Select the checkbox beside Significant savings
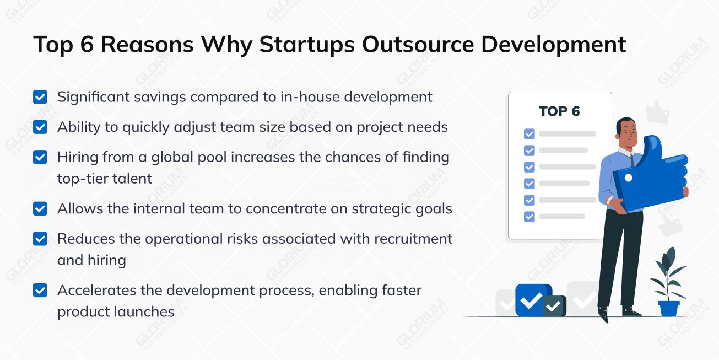[40, 97]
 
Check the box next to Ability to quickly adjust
[40, 127]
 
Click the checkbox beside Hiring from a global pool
[40, 157]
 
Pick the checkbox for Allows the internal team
[40, 209]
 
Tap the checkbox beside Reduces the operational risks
[40, 239]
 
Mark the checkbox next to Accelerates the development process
[40, 291]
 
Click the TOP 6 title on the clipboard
[559, 111]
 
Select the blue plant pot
[669, 308]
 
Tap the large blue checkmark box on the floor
[532, 300]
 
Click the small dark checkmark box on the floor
[554, 306]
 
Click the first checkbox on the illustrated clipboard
[529, 134]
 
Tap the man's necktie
[632, 160]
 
